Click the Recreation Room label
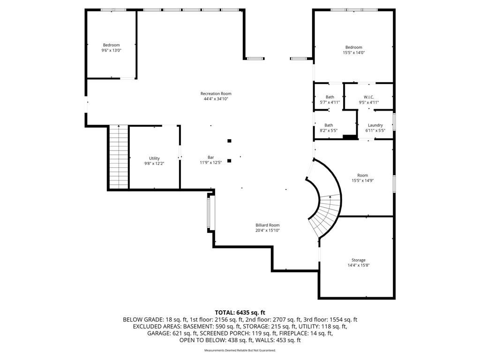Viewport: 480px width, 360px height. [x=216, y=94]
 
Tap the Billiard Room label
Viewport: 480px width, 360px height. [x=268, y=225]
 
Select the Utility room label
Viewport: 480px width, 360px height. [x=154, y=158]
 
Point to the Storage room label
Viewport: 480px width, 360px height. [x=359, y=260]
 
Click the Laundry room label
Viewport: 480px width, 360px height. [x=375, y=125]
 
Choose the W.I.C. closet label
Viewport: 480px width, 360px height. [x=369, y=97]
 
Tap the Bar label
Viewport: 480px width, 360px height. [x=210, y=157]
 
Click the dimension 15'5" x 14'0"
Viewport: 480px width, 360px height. [x=353, y=52]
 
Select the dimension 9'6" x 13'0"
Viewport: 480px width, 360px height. [x=112, y=51]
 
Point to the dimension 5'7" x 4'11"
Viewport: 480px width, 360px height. [x=330, y=103]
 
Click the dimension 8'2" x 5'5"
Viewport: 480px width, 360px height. [x=329, y=130]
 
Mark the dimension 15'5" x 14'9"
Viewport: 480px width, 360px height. [x=362, y=180]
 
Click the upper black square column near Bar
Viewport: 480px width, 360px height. [x=229, y=141]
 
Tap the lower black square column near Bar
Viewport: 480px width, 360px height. [x=229, y=161]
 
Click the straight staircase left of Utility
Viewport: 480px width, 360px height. [x=119, y=157]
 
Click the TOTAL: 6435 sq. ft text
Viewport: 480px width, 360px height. [x=240, y=313]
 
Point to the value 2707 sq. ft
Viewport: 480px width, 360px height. [x=287, y=320]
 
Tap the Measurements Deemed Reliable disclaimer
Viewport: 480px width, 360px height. [x=240, y=350]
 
